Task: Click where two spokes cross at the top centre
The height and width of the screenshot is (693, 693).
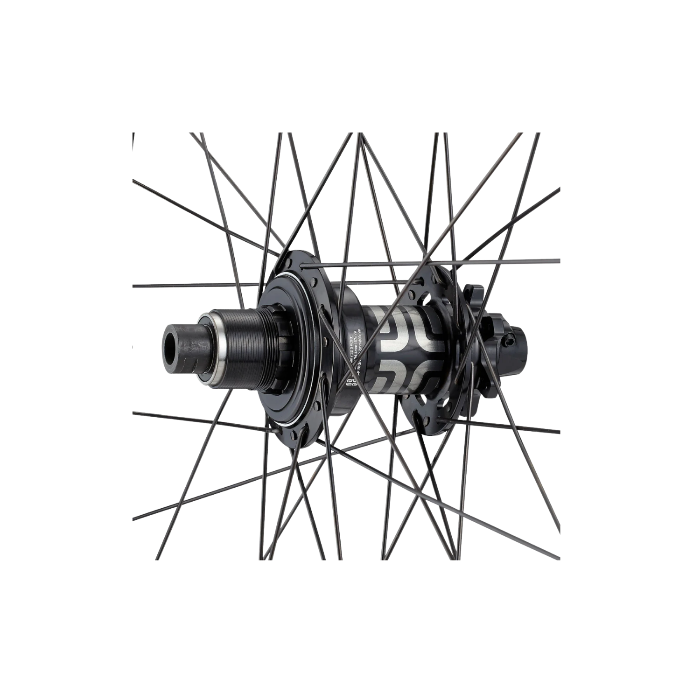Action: pyautogui.click(x=360, y=140)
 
